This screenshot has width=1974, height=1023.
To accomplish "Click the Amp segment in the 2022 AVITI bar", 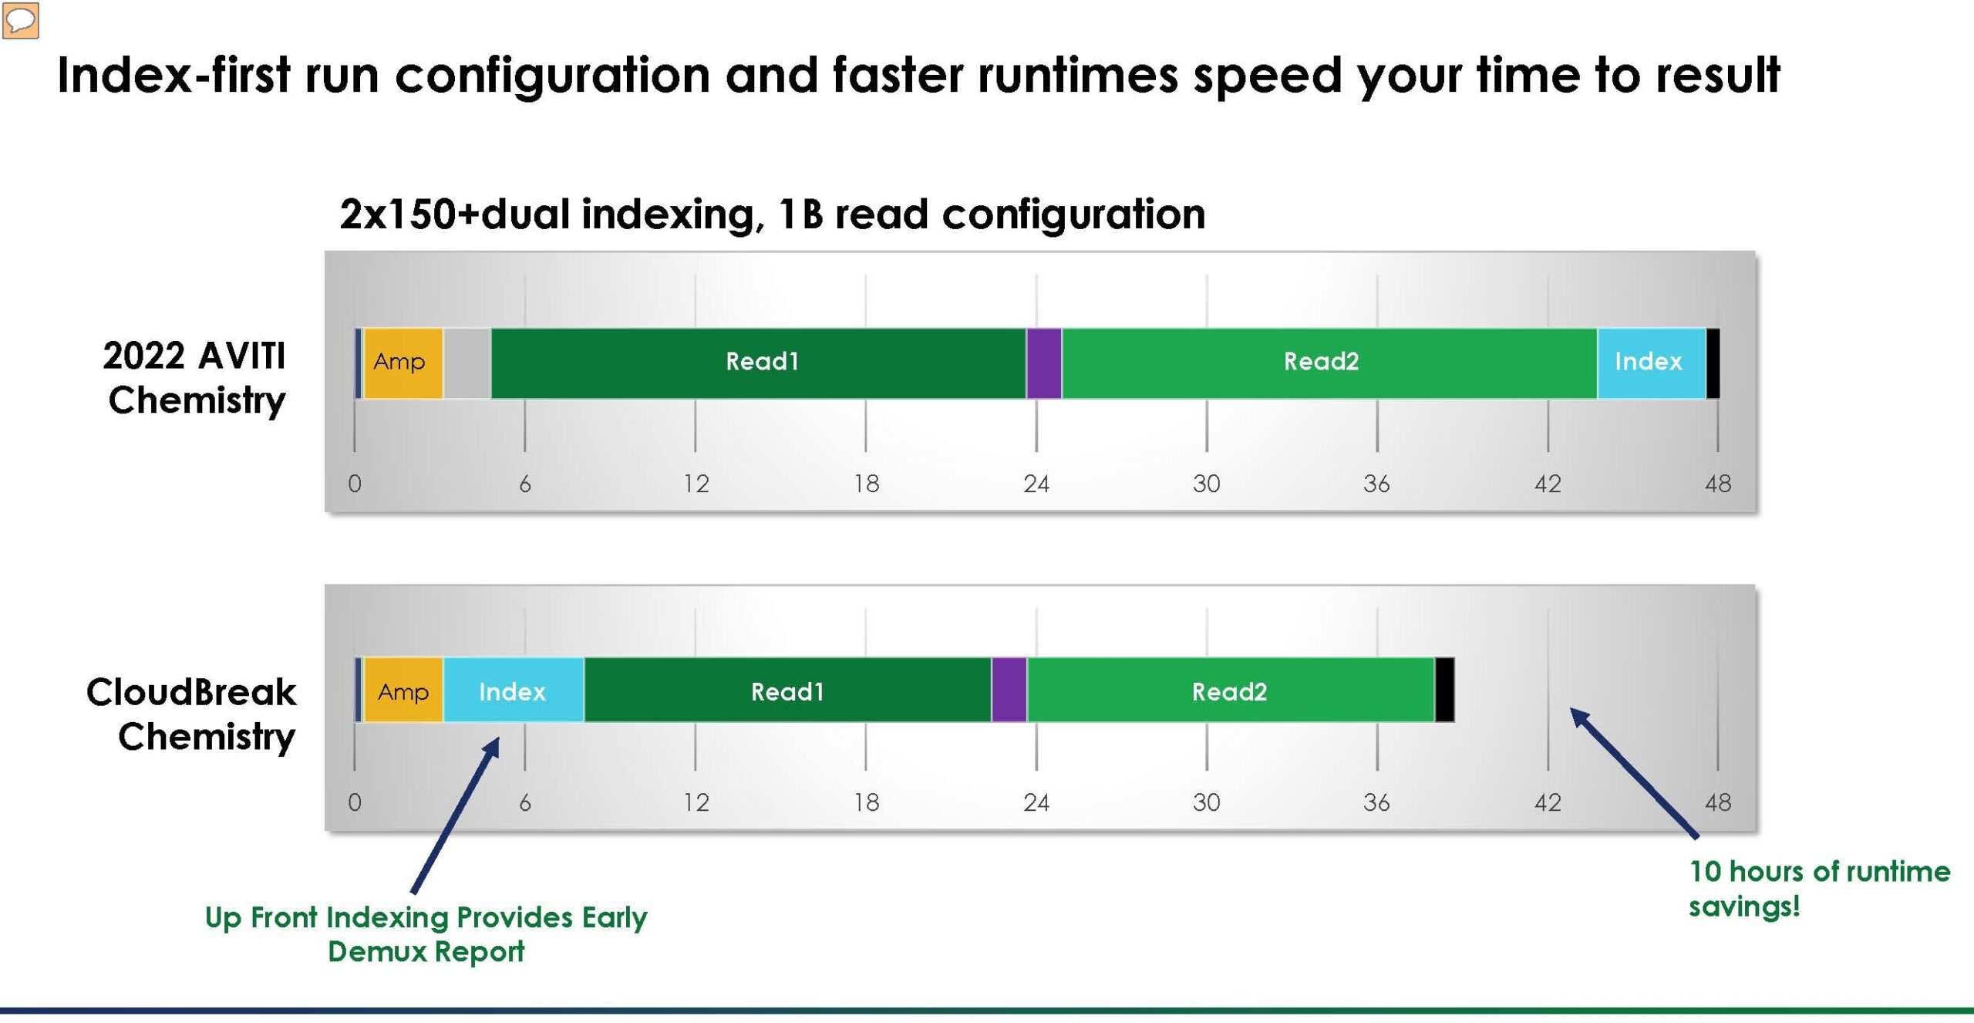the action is (x=403, y=363).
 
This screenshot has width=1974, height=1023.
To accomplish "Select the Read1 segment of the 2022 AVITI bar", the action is (x=759, y=363).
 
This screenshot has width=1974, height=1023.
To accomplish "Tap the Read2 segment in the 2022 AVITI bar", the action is (x=1329, y=363).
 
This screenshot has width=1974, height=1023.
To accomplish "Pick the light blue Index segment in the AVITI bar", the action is (x=1651, y=363).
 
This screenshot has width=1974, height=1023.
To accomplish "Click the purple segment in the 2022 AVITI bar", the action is (x=1044, y=363).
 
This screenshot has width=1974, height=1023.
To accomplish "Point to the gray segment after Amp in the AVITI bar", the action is (x=467, y=363).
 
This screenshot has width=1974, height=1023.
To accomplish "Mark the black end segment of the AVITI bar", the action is (x=1713, y=363).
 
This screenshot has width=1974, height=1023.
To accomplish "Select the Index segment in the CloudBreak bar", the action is (x=514, y=690).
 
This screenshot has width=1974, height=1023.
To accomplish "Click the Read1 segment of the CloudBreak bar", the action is (x=787, y=690).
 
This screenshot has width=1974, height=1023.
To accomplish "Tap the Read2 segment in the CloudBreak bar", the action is (x=1231, y=690).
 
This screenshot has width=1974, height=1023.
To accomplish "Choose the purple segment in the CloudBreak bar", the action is (x=1009, y=690).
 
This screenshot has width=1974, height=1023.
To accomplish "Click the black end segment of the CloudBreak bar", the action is (x=1445, y=690).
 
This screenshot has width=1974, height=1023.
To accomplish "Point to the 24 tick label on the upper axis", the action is (x=1036, y=484).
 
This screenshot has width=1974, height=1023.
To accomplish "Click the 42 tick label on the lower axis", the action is (x=1548, y=802).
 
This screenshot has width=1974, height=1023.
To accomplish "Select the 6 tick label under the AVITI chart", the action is (x=525, y=484).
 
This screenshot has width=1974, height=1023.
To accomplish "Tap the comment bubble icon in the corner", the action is (x=21, y=21).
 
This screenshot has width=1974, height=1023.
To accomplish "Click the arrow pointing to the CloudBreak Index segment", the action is (x=456, y=815).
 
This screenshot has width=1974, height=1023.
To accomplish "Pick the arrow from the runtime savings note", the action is (x=1634, y=772).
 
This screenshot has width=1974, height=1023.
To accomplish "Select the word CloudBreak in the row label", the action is (x=191, y=691).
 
